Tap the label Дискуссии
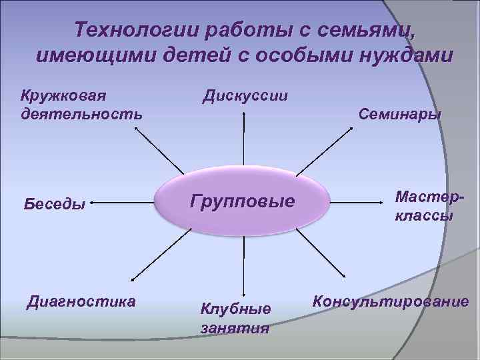pos(245,95)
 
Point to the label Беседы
pos(55,204)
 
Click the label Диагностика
pos(81,301)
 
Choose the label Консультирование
pos(390,301)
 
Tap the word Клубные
pos(236,309)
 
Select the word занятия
pos(235,327)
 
